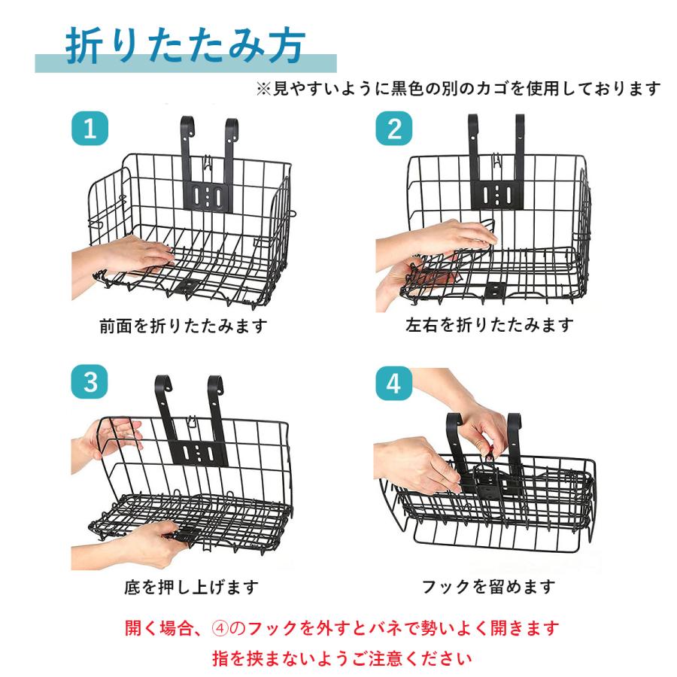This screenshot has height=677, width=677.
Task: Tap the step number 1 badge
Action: pyautogui.click(x=90, y=129)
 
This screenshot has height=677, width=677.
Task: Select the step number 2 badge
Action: pyautogui.click(x=394, y=129)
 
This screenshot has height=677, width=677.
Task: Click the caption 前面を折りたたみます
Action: pyautogui.click(x=184, y=326)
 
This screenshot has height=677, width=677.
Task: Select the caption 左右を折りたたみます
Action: pyautogui.click(x=490, y=325)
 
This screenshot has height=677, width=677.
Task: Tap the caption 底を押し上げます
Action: pyautogui.click(x=191, y=586)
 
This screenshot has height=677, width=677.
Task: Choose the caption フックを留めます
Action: pyautogui.click(x=490, y=586)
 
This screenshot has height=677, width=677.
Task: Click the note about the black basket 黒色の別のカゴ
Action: pyautogui.click(x=460, y=89)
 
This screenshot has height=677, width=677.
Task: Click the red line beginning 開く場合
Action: pyautogui.click(x=342, y=627)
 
